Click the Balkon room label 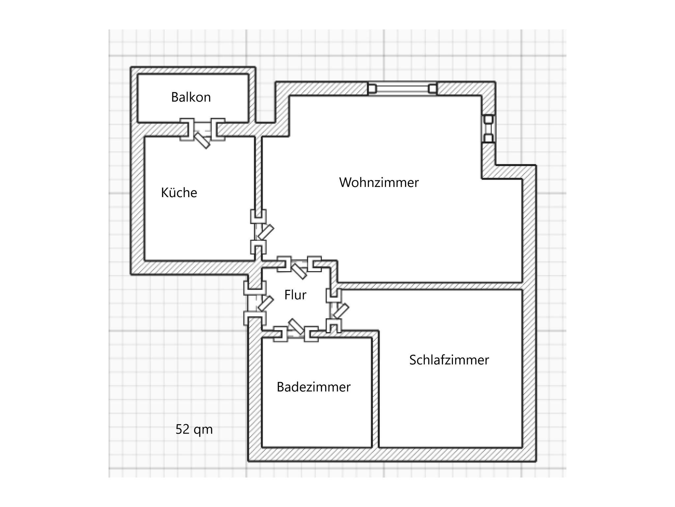coord(191,97)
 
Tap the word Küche coord(179,193)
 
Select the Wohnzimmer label coord(379,182)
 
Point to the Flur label coord(295,295)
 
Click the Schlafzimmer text coord(449,360)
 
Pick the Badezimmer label coord(313,387)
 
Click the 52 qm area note coord(194,430)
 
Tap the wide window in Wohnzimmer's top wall coord(402,89)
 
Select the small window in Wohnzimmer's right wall coord(488,129)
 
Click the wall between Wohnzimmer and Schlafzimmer coord(428,286)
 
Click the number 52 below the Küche coord(182,430)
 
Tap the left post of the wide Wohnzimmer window coord(372,89)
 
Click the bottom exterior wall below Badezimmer coord(316,454)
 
